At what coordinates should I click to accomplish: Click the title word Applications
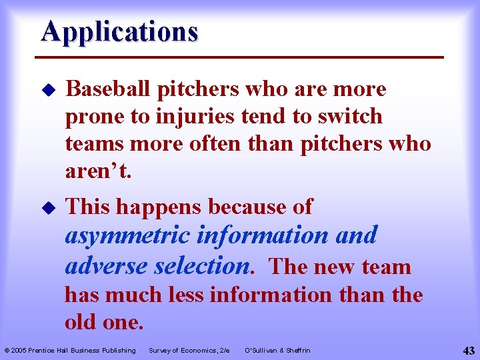tap(119, 31)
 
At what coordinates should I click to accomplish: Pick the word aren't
tap(99, 171)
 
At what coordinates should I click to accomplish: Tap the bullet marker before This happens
tap(47, 207)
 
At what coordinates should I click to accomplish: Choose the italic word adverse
tap(106, 266)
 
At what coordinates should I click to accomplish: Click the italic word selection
tap(203, 266)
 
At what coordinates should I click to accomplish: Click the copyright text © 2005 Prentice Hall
tap(70, 351)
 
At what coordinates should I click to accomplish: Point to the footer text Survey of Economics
tap(189, 351)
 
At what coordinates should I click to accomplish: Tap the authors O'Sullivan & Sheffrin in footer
tap(277, 351)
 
